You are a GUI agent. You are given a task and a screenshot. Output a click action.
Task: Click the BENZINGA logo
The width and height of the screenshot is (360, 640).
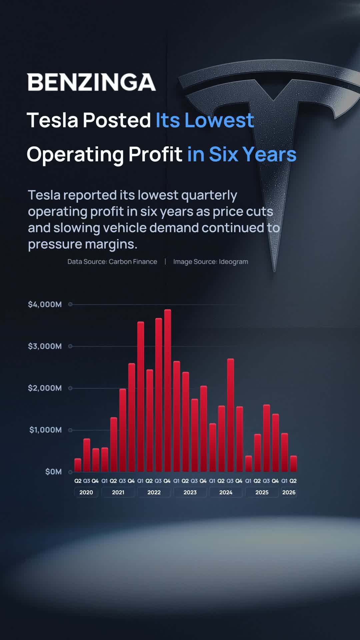(x=91, y=82)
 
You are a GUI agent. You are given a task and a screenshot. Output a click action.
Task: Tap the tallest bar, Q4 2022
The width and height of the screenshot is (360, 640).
(x=168, y=390)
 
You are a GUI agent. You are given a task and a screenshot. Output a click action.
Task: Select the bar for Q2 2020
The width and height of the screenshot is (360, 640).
(x=78, y=465)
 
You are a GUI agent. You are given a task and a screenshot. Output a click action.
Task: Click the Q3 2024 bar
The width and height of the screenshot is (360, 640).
(x=231, y=415)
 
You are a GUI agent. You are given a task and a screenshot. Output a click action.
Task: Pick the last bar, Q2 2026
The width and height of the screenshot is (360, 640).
(x=293, y=464)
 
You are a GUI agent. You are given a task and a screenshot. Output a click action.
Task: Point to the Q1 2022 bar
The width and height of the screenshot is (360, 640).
(x=141, y=397)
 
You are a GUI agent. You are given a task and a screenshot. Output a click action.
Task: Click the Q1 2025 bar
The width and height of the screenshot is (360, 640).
(x=249, y=464)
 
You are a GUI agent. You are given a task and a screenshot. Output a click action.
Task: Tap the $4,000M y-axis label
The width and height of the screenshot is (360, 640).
(x=45, y=304)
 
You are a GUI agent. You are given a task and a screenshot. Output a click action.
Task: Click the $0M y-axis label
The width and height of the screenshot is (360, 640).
(x=54, y=472)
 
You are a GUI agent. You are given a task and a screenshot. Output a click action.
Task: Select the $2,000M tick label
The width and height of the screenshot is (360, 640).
(x=45, y=388)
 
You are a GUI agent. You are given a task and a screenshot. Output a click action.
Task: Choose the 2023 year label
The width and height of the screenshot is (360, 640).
(x=190, y=492)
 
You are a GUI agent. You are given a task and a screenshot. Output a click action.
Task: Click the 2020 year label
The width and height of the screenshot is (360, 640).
(x=86, y=492)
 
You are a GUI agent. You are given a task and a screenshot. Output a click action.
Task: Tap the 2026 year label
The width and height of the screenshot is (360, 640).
(x=289, y=492)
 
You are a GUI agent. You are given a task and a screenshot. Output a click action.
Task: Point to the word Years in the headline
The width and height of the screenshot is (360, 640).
(x=269, y=154)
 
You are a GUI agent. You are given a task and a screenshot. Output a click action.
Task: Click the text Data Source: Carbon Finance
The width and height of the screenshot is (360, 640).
(x=112, y=262)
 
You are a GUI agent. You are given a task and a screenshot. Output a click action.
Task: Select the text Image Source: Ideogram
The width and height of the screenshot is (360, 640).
(x=211, y=262)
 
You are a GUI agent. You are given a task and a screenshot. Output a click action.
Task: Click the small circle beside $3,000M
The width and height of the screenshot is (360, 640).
(x=70, y=346)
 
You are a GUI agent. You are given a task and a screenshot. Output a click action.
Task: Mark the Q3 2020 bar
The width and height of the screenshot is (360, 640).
(x=87, y=455)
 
